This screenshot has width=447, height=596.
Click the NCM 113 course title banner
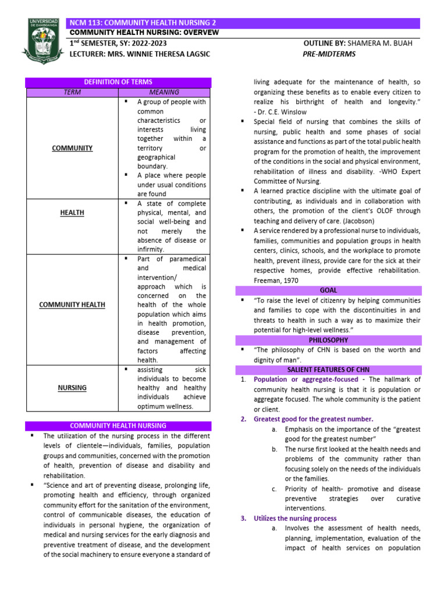[244, 23]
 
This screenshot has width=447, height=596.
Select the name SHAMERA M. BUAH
[382, 44]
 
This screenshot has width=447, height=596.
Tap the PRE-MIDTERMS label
[329, 54]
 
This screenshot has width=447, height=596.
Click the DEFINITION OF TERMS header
[118, 83]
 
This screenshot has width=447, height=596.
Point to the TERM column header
[72, 92]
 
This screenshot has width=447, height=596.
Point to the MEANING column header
[164, 92]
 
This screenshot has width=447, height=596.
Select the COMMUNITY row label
[72, 148]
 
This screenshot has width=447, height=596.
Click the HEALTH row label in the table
[72, 212]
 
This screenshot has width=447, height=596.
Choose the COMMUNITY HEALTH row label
[72, 304]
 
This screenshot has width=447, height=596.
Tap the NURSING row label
[72, 387]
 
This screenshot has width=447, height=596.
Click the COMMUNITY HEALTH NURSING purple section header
[118, 425]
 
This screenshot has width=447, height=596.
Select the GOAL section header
[328, 290]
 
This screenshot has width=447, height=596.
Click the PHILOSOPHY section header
[328, 340]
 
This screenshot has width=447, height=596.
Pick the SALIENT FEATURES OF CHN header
[328, 370]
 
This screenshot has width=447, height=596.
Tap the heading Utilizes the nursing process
[295, 518]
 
